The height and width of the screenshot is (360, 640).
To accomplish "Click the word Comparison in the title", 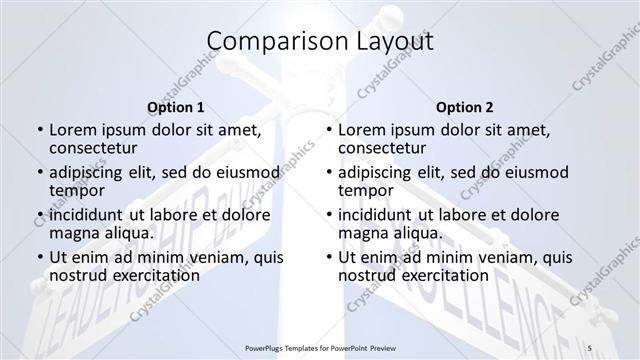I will click(x=267, y=41).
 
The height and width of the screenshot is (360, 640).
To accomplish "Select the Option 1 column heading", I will click(x=176, y=107).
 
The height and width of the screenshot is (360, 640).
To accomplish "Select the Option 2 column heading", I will click(x=465, y=107).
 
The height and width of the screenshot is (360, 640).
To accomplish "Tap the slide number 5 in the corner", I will click(x=618, y=347).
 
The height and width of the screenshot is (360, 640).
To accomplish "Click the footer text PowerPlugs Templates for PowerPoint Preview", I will click(x=320, y=347).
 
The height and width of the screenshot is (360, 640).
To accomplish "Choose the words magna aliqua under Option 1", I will click(x=100, y=233).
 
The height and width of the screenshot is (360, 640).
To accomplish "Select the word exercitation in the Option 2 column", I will click(x=441, y=276).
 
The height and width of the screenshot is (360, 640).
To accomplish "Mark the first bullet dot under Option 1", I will click(x=39, y=130).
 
